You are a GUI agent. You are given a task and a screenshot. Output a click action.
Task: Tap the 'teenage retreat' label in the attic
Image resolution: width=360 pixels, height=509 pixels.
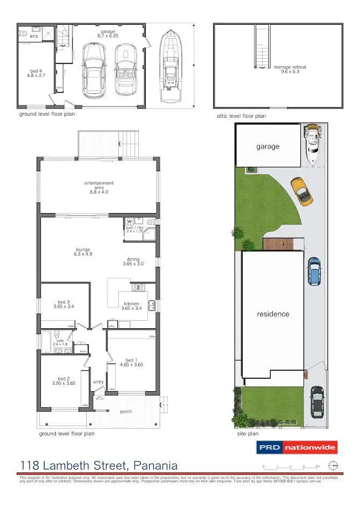coord(290,67)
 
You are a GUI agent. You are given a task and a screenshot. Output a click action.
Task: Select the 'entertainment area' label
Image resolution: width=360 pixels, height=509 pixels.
coord(99,183)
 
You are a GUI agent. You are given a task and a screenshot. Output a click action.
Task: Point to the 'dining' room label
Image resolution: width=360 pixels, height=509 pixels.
coord(133,259)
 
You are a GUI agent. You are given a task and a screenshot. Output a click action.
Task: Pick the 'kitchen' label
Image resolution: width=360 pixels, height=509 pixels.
coord(131,304)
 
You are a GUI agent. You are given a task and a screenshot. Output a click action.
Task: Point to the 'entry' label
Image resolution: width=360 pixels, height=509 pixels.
coord(98,382)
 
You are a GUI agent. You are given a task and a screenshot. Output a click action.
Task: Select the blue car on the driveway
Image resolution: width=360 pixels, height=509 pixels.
coord(314,270)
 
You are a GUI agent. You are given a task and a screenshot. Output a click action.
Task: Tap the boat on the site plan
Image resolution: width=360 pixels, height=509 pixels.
coord(312,144)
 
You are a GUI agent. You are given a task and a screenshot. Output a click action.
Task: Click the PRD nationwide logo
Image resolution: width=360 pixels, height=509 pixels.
coord(296,447)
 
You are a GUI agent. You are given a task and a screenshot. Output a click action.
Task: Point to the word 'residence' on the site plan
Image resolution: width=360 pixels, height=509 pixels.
coord(273,314)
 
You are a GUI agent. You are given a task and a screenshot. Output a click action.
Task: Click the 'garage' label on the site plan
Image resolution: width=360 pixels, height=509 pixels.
coord(267,146)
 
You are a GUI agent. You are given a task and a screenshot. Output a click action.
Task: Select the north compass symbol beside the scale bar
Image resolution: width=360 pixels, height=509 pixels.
coord(334,465)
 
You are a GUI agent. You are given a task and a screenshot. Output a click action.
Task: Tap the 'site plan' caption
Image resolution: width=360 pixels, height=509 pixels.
coord(248,434)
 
